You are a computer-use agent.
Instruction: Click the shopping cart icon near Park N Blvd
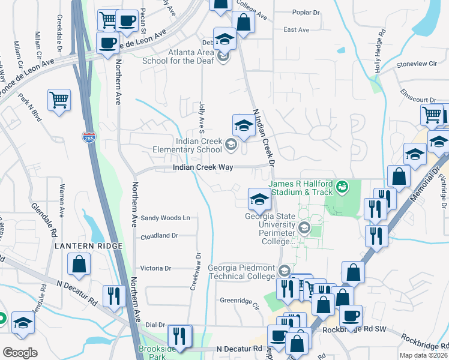pos(59,100)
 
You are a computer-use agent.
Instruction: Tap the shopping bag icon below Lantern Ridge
pos(79,263)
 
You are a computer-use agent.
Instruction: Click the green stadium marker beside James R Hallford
pos(342,187)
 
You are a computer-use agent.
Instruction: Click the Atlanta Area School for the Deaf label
pos(177,56)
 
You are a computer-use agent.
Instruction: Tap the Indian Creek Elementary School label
pos(199,145)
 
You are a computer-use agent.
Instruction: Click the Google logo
pos(20,353)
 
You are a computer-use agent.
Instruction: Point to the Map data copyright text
pos(424,355)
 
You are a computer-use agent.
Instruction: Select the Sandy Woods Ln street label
pos(165,217)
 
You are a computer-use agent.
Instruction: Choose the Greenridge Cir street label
pos(239,301)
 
